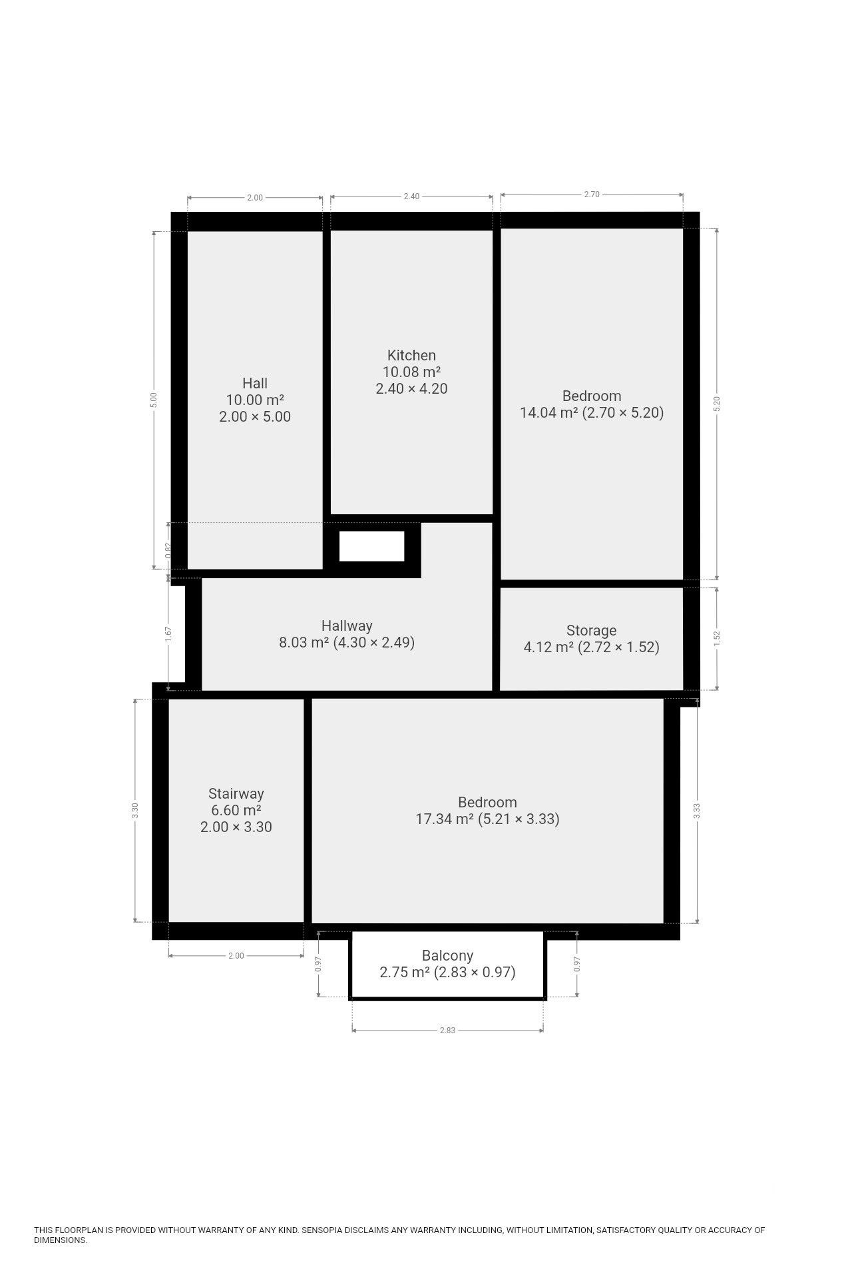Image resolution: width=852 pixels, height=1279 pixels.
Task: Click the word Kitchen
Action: (x=411, y=355)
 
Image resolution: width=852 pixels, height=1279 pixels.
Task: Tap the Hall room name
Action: (x=255, y=383)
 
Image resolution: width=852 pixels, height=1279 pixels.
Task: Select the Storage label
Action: (x=591, y=630)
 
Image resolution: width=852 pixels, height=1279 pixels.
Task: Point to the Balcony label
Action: (x=447, y=955)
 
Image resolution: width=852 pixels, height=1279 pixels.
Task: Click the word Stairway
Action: (x=236, y=793)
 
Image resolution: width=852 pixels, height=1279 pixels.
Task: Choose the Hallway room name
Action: (x=347, y=626)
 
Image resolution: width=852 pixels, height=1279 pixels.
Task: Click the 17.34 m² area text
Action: (x=445, y=819)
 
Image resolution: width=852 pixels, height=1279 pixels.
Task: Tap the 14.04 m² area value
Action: (x=548, y=412)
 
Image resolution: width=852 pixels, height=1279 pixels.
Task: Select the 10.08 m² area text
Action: (x=411, y=372)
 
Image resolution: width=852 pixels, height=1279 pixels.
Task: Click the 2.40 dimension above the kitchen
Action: (x=411, y=197)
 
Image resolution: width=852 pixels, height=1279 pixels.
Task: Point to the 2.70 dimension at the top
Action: (x=592, y=195)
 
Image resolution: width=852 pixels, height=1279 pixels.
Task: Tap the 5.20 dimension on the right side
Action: (x=717, y=404)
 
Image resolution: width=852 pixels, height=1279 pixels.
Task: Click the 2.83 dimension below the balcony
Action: (x=447, y=1031)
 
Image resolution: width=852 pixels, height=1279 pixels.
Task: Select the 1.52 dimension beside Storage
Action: (x=717, y=638)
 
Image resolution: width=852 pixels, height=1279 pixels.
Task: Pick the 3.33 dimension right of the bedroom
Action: (x=697, y=811)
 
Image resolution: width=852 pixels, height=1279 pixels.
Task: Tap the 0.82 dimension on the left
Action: (x=168, y=550)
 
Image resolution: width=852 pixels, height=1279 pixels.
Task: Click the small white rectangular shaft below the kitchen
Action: (x=371, y=546)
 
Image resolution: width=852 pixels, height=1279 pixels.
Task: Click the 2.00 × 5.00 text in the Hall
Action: (x=255, y=416)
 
